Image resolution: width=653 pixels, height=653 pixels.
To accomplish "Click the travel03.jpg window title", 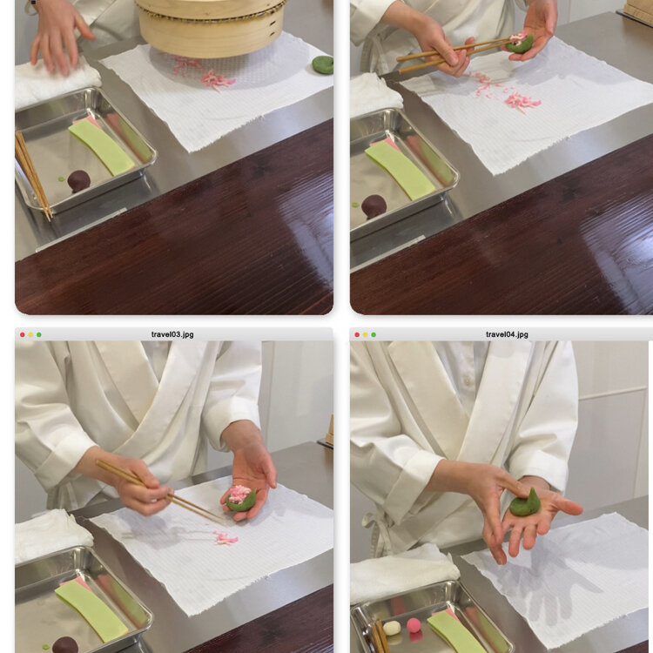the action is pyautogui.click(x=172, y=334).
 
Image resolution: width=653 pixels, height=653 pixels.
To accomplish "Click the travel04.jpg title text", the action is pyautogui.click(x=507, y=334).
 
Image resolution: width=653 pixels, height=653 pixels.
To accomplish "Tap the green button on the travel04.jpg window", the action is pyautogui.click(x=374, y=335).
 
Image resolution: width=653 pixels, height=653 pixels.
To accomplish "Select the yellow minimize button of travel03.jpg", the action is pyautogui.click(x=30, y=335).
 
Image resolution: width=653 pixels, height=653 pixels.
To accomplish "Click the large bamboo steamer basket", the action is pyautogui.click(x=212, y=26).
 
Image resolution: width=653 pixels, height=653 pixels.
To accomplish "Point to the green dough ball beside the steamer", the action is pyautogui.click(x=323, y=64).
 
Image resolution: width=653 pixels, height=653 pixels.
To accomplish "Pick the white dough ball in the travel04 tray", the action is pyautogui.click(x=392, y=628).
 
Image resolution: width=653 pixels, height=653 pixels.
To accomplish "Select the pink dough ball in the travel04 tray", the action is pyautogui.click(x=414, y=625).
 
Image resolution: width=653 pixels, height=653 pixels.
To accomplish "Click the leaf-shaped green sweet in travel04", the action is pyautogui.click(x=526, y=502).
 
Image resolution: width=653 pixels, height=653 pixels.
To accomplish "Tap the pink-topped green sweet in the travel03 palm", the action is pyautogui.click(x=240, y=498).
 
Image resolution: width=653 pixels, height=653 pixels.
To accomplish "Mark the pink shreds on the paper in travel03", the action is pyautogui.click(x=226, y=538).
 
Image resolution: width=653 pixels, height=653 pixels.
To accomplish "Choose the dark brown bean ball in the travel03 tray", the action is pyautogui.click(x=65, y=644).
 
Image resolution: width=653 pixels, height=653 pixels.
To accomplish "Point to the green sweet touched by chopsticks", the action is pyautogui.click(x=520, y=43).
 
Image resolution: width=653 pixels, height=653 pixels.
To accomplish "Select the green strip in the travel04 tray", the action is pyautogui.click(x=457, y=632).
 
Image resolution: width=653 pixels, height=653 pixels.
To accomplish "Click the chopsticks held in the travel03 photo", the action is pyautogui.click(x=158, y=490).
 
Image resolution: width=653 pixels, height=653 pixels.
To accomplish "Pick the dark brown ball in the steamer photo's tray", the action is pyautogui.click(x=78, y=181).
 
